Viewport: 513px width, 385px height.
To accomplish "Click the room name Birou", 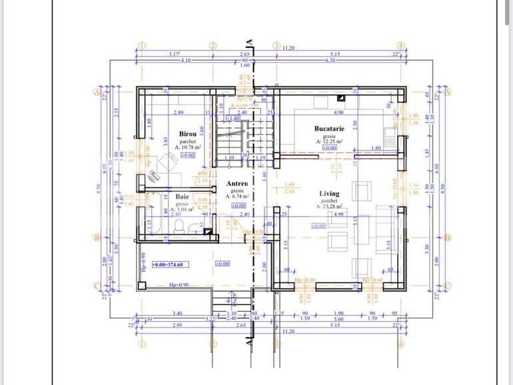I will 178,133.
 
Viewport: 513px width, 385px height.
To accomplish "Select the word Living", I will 328,193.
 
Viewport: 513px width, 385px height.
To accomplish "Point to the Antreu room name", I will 237,183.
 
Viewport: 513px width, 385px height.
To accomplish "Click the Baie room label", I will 182,196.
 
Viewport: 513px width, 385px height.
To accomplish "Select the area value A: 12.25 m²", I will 329,141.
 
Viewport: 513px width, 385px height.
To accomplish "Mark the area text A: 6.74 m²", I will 237,196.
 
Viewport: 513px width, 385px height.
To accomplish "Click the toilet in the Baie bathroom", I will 178,227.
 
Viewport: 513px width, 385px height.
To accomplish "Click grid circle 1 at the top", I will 141,46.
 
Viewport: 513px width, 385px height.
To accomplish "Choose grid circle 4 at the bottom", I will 401,344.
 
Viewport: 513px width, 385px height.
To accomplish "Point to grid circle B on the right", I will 448,237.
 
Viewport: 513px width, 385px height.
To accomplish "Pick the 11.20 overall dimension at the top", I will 289,48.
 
